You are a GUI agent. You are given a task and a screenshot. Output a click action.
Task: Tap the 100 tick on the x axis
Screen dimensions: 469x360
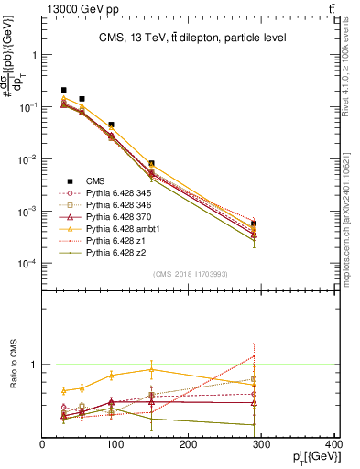pyautogui.click(x=115, y=444)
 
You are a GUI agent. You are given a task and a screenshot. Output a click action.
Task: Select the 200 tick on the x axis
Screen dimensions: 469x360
pyautogui.click(x=189, y=444)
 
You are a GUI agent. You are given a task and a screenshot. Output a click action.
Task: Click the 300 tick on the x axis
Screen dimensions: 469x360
pyautogui.click(x=262, y=444)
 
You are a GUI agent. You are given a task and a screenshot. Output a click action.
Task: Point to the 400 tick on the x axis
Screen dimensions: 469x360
pyautogui.click(x=333, y=444)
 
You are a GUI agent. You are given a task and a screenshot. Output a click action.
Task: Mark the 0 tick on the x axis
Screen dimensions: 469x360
pyautogui.click(x=43, y=444)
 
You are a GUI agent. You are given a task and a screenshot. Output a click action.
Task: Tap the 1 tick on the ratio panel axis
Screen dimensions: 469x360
pyautogui.click(x=34, y=365)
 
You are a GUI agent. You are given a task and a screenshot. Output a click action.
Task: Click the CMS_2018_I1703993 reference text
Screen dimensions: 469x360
pyautogui.click(x=189, y=273)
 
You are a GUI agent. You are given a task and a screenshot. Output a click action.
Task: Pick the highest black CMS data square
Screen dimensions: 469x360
pyautogui.click(x=63, y=90)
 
